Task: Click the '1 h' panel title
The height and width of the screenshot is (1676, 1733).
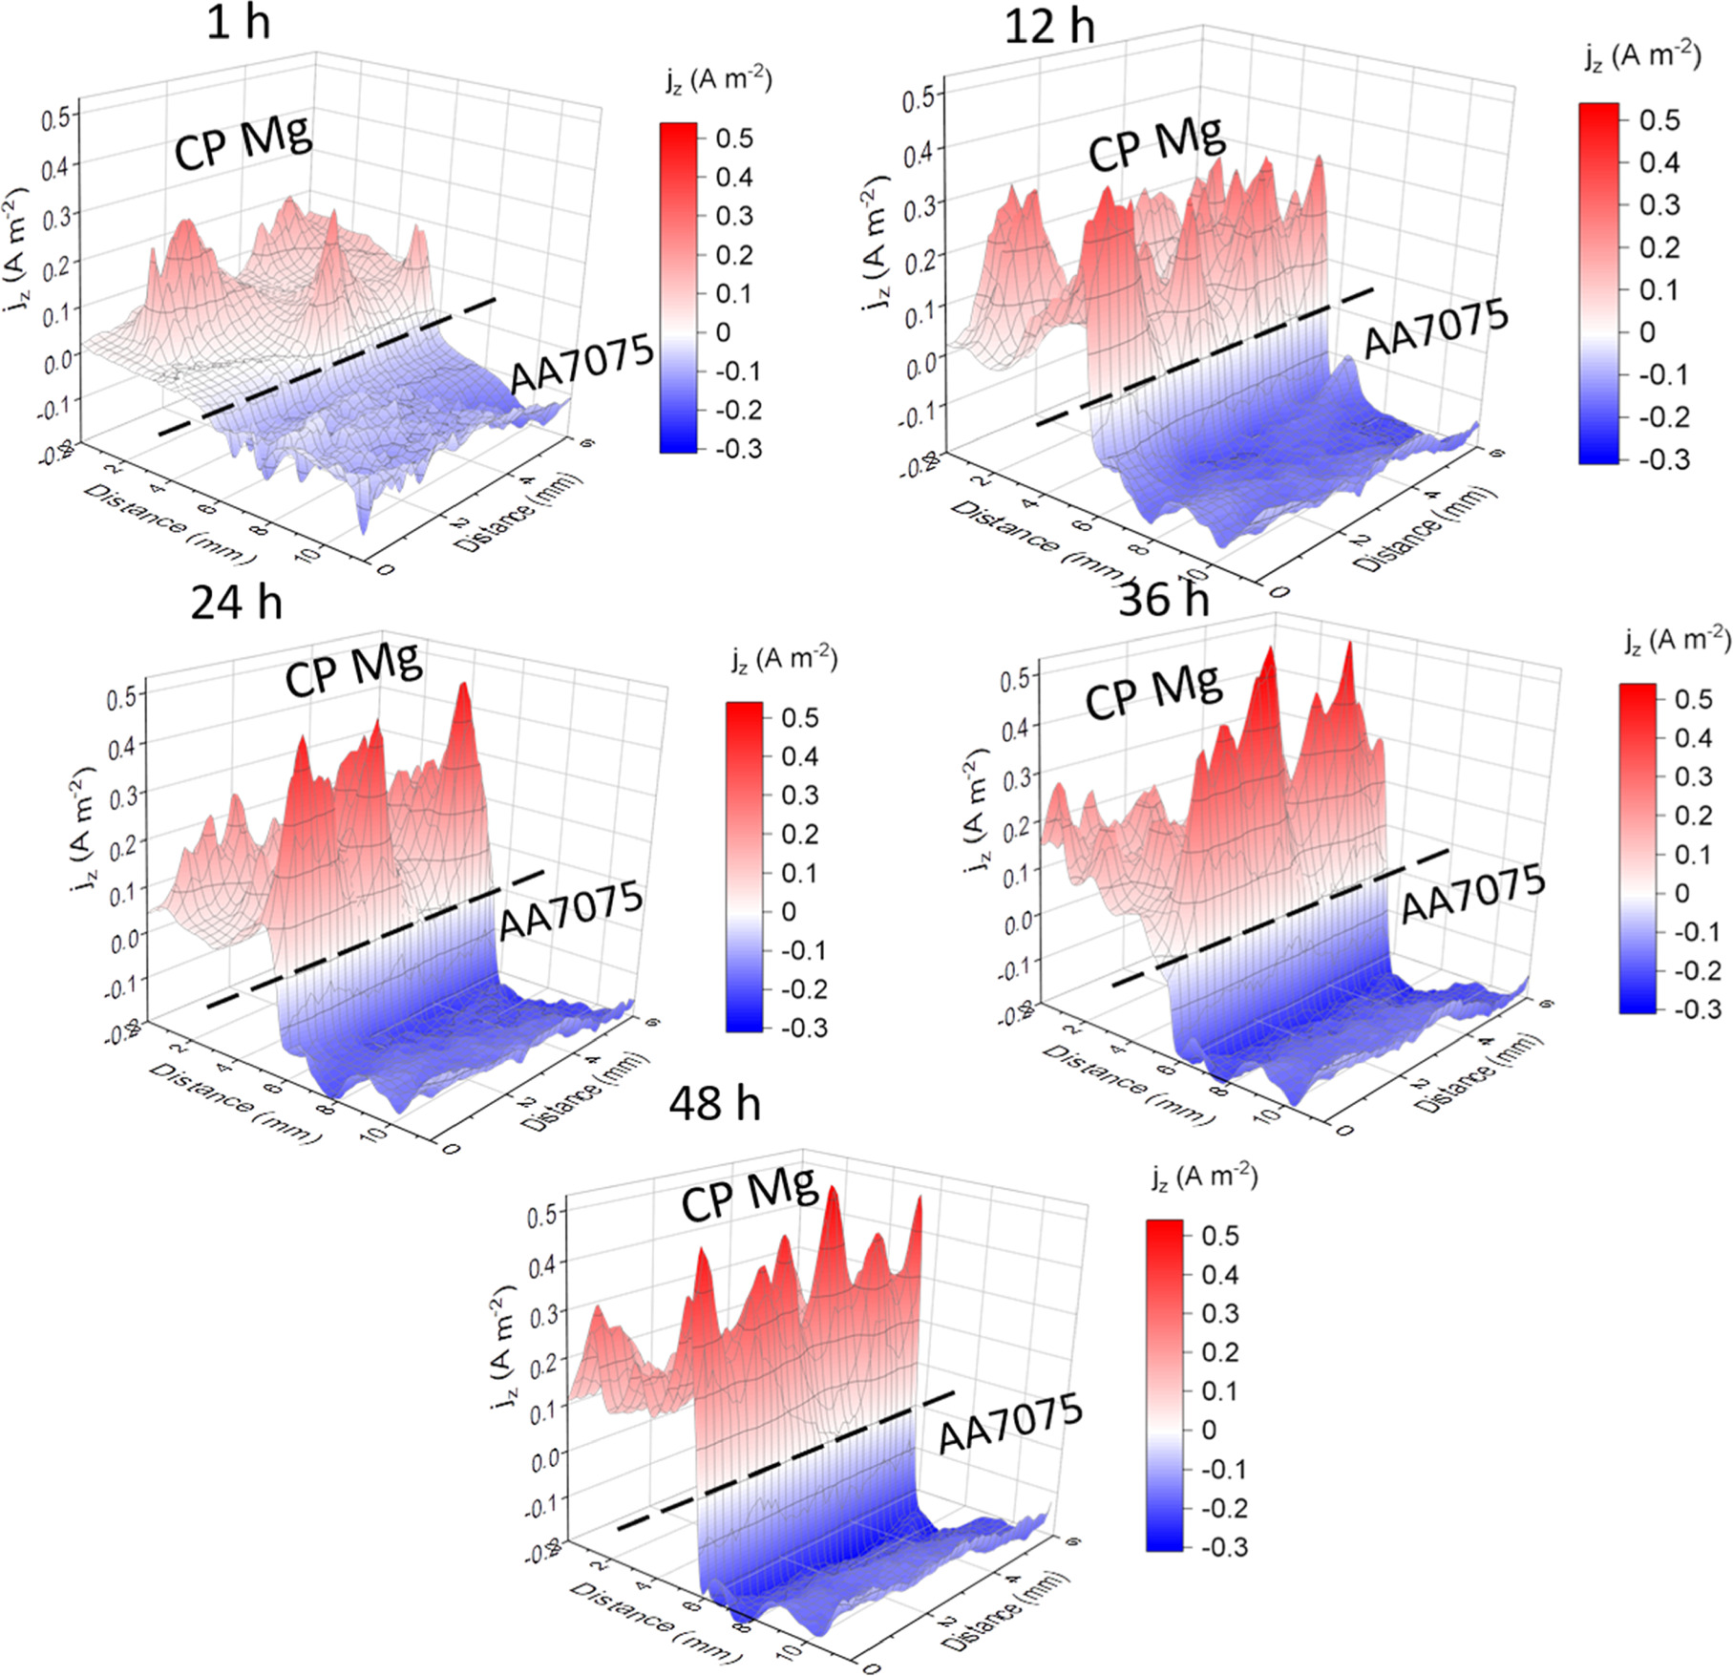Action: [238, 23]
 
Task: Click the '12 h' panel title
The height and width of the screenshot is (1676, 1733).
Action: [1048, 26]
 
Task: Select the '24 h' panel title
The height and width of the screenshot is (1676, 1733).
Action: [236, 603]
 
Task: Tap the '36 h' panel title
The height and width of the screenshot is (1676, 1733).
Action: [1163, 600]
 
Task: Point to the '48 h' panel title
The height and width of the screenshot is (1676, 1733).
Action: [714, 1104]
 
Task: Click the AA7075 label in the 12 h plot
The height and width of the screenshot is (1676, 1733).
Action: [1435, 329]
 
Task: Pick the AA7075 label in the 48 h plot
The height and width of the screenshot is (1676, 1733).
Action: [1010, 1423]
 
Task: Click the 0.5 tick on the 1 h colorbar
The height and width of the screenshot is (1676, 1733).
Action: [734, 138]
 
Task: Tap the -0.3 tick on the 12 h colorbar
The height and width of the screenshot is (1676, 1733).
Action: [1663, 459]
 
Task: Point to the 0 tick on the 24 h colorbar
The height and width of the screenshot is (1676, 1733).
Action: [789, 912]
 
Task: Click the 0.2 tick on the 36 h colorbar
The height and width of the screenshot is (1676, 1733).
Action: [1694, 816]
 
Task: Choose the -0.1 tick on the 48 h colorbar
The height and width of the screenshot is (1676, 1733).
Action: [1224, 1469]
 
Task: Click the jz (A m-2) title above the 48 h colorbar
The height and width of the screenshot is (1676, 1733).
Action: [1204, 1177]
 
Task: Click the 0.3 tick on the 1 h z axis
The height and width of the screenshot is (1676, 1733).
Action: [56, 215]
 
